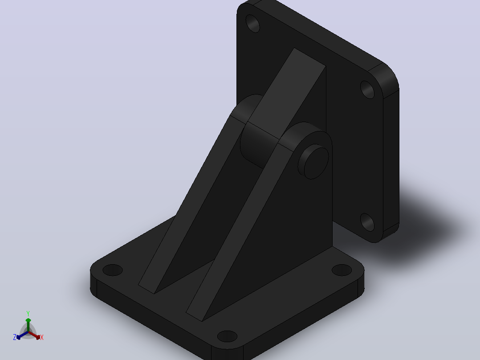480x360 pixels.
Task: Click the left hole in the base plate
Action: pos(113,270)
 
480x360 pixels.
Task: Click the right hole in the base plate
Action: pos(342,270)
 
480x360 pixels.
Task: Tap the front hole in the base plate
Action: pos(227,336)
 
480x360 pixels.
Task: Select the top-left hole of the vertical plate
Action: pos(252,23)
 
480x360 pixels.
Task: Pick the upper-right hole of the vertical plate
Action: pos(367,90)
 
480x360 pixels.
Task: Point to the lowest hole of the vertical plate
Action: pos(367,222)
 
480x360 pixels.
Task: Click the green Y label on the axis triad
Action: pos(28,314)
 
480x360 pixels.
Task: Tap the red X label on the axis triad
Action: pos(42,337)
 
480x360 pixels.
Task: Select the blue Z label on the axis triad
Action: pos(14,337)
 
